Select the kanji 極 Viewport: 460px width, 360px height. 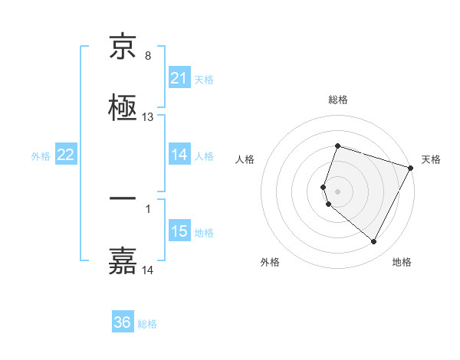123,107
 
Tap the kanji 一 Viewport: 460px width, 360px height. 123,199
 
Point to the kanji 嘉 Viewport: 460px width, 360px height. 123,260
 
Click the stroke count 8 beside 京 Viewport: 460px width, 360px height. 148,56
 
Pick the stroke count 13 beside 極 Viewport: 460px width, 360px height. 148,117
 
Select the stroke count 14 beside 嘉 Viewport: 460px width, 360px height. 148,270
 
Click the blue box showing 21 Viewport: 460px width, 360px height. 179,78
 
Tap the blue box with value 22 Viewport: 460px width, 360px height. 66,155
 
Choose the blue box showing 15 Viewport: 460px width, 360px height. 179,231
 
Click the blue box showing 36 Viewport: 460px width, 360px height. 123,323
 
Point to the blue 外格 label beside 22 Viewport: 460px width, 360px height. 41,156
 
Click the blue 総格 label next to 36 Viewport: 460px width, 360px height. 147,324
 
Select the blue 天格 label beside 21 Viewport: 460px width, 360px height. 204,79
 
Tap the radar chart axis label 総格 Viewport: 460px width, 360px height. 338,100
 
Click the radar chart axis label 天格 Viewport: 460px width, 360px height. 431,159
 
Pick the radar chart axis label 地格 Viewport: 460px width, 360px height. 402,262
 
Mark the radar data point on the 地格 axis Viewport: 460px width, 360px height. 374,242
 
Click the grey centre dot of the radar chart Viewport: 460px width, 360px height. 338,191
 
